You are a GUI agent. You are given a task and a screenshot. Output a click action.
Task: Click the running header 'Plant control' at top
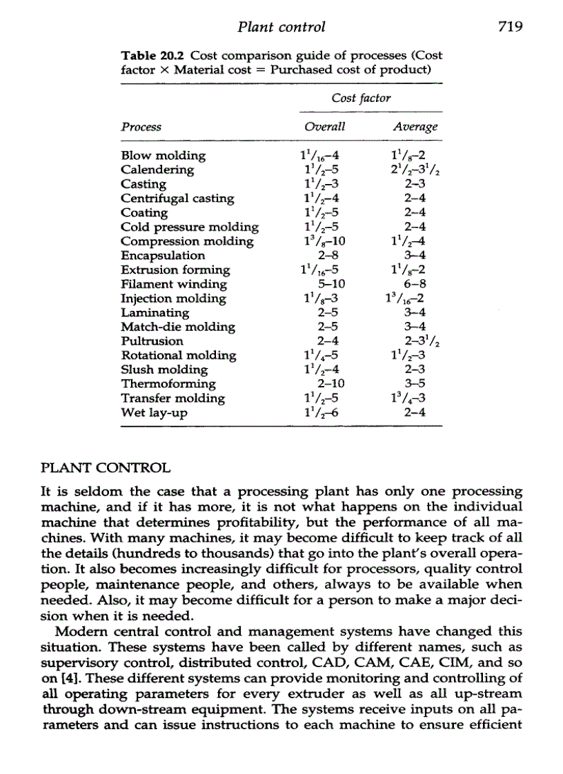281,28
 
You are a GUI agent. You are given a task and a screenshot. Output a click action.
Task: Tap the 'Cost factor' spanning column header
361,98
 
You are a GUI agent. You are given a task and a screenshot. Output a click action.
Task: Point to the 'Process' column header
141,127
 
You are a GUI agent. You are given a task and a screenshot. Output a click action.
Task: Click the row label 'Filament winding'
174,284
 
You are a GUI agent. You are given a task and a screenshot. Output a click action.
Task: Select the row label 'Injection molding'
173,298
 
